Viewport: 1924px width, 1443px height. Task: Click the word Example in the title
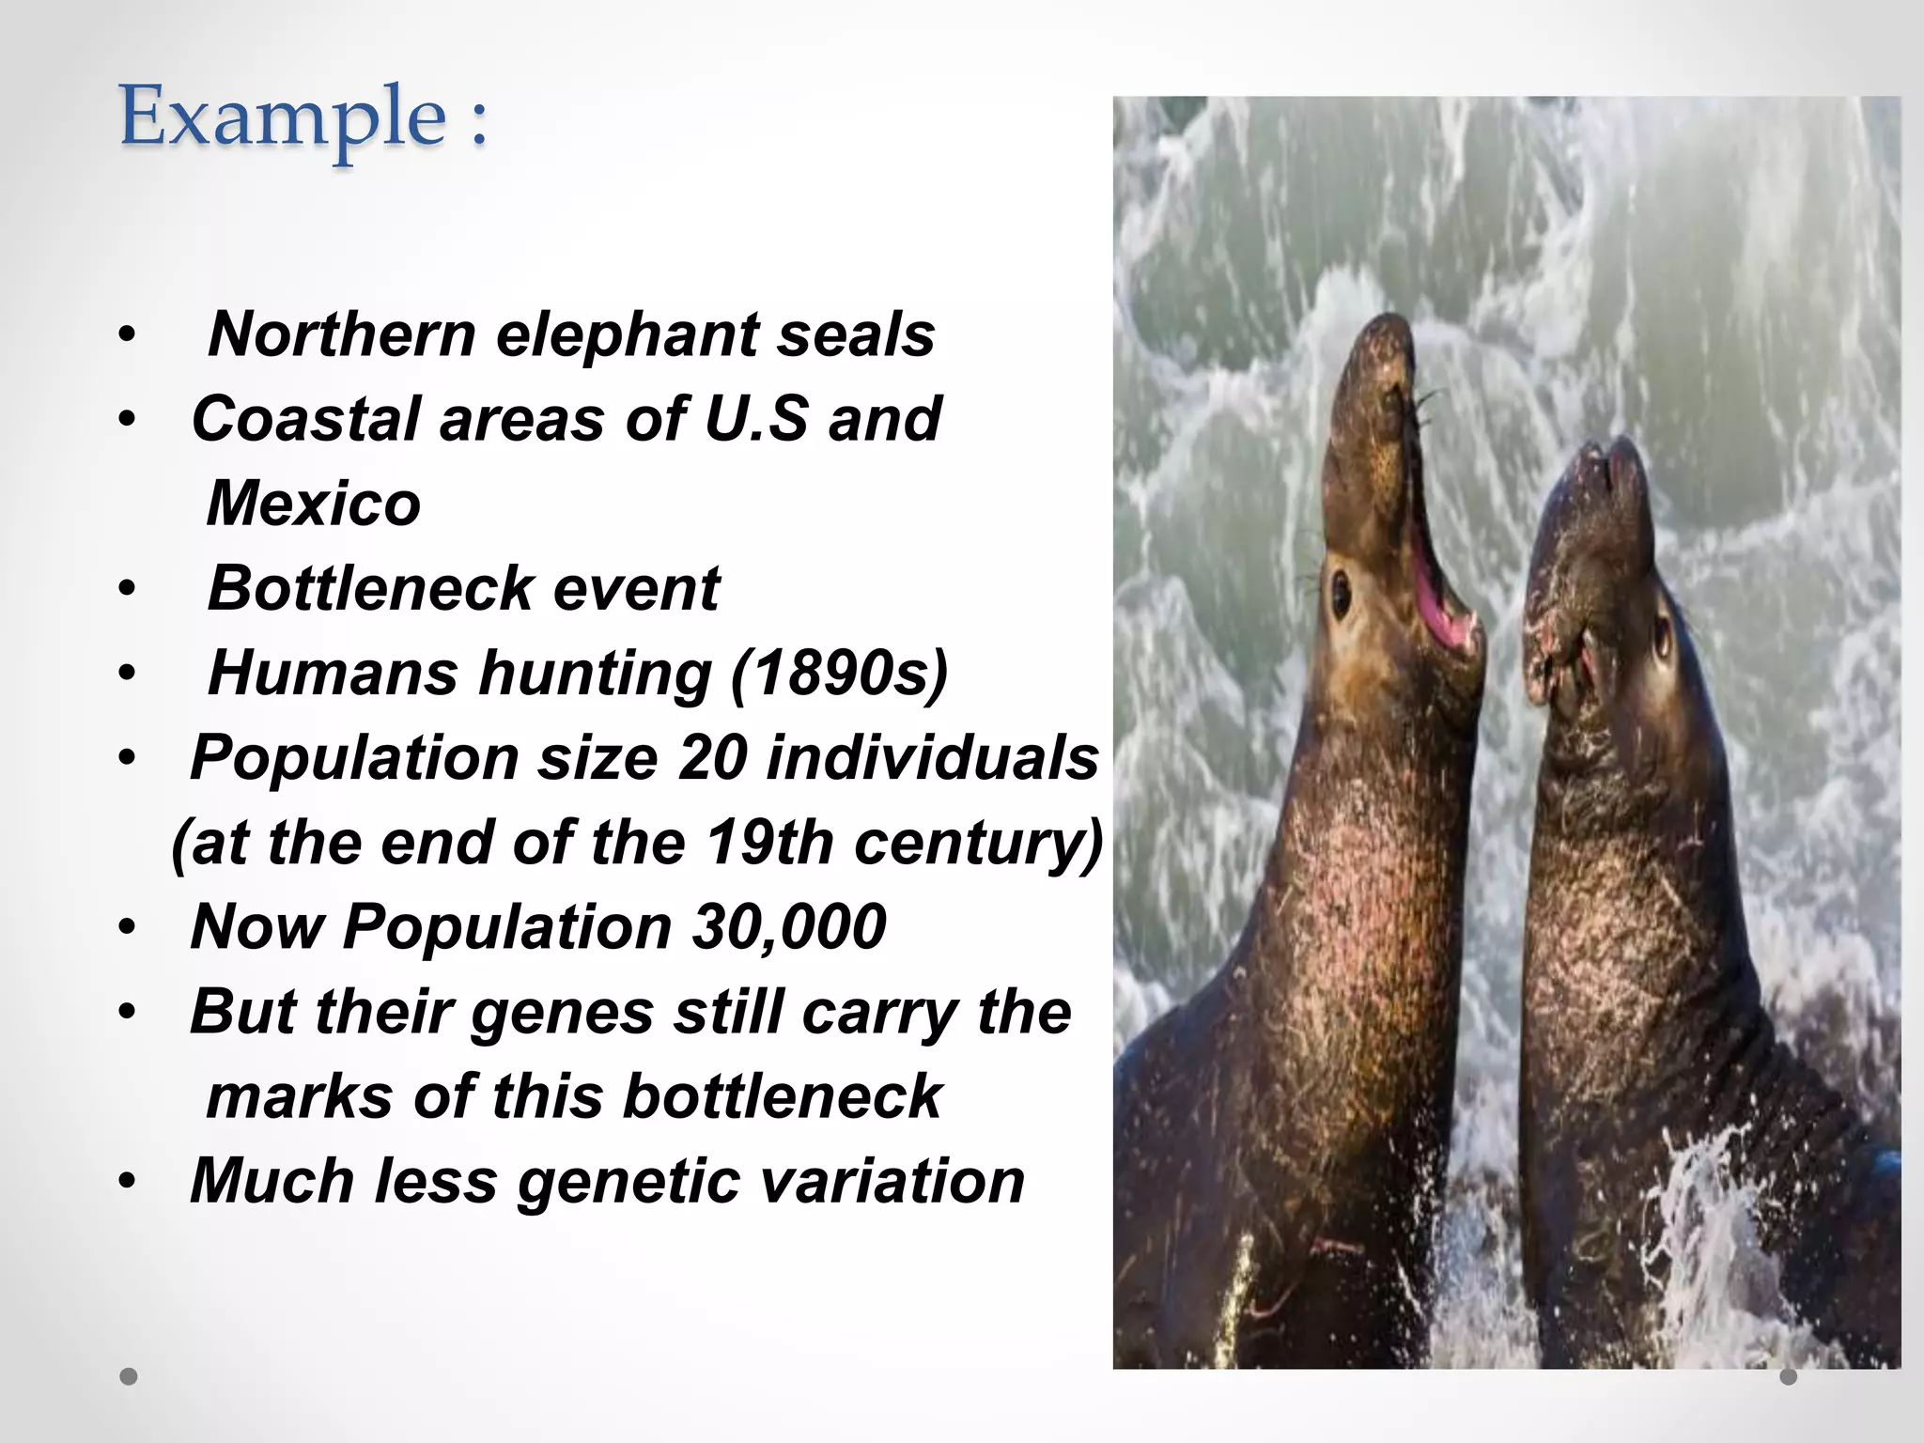(282, 118)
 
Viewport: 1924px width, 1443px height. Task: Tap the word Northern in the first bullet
(342, 334)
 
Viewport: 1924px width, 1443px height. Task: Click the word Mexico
(314, 504)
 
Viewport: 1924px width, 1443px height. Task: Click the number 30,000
(789, 927)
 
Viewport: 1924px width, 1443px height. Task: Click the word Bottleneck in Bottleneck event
(370, 589)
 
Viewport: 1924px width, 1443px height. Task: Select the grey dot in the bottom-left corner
(129, 1377)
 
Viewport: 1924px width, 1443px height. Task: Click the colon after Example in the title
(479, 123)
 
